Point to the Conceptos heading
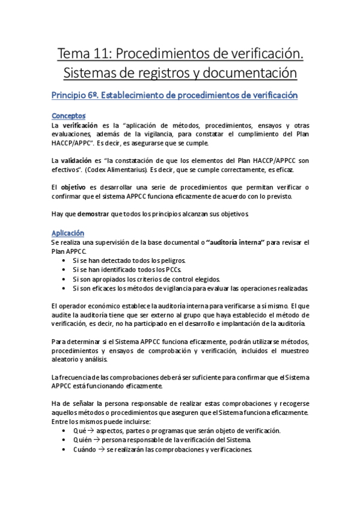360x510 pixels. coord(69,115)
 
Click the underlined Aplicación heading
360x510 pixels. coord(68,233)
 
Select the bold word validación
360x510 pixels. coord(76,161)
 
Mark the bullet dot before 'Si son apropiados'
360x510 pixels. coord(64,279)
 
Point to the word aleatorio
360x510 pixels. coord(66,360)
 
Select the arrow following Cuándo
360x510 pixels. coord(101,449)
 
